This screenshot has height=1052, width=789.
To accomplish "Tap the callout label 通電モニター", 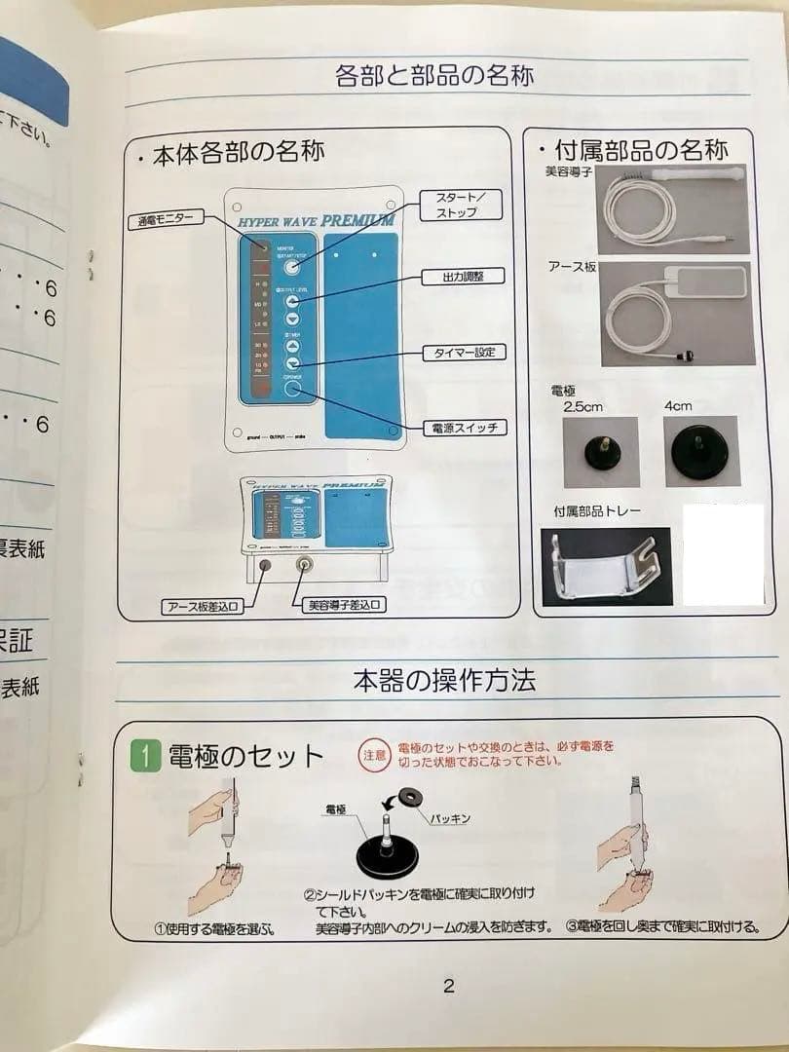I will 164,220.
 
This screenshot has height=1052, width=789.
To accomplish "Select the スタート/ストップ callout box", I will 455,204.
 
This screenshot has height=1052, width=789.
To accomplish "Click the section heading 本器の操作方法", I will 444,680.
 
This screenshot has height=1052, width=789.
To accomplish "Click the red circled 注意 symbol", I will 374,754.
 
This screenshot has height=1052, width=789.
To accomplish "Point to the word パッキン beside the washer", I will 450,818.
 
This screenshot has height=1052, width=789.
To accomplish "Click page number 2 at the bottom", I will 448,986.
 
